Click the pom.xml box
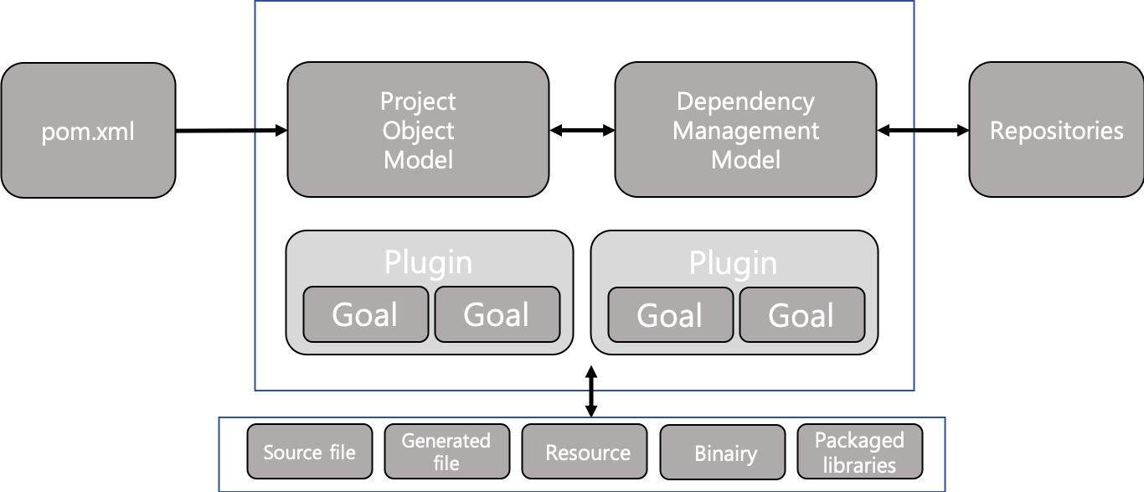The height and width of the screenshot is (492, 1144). [x=88, y=131]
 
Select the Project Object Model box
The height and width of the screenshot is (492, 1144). [x=418, y=130]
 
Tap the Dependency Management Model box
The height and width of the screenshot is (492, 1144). [x=745, y=130]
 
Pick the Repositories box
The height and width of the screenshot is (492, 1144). [x=1056, y=131]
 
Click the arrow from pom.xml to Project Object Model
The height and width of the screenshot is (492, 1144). [x=230, y=130]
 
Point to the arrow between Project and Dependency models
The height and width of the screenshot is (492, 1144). [x=582, y=130]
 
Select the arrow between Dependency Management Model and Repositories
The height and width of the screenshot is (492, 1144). [x=922, y=130]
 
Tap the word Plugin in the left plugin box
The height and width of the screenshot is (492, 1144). [x=428, y=262]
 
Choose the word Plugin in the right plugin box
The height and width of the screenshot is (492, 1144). [x=733, y=262]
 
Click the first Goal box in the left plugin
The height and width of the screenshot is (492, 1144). [x=365, y=314]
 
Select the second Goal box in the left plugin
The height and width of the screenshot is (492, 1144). [x=497, y=314]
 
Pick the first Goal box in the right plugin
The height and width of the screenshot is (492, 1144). [x=670, y=315]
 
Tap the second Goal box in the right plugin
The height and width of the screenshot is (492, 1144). [x=801, y=315]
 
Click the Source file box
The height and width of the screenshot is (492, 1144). [x=309, y=453]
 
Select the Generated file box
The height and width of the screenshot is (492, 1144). [x=446, y=452]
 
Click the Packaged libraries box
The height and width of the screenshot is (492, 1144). [x=859, y=453]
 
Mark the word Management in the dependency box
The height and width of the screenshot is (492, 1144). [x=745, y=131]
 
